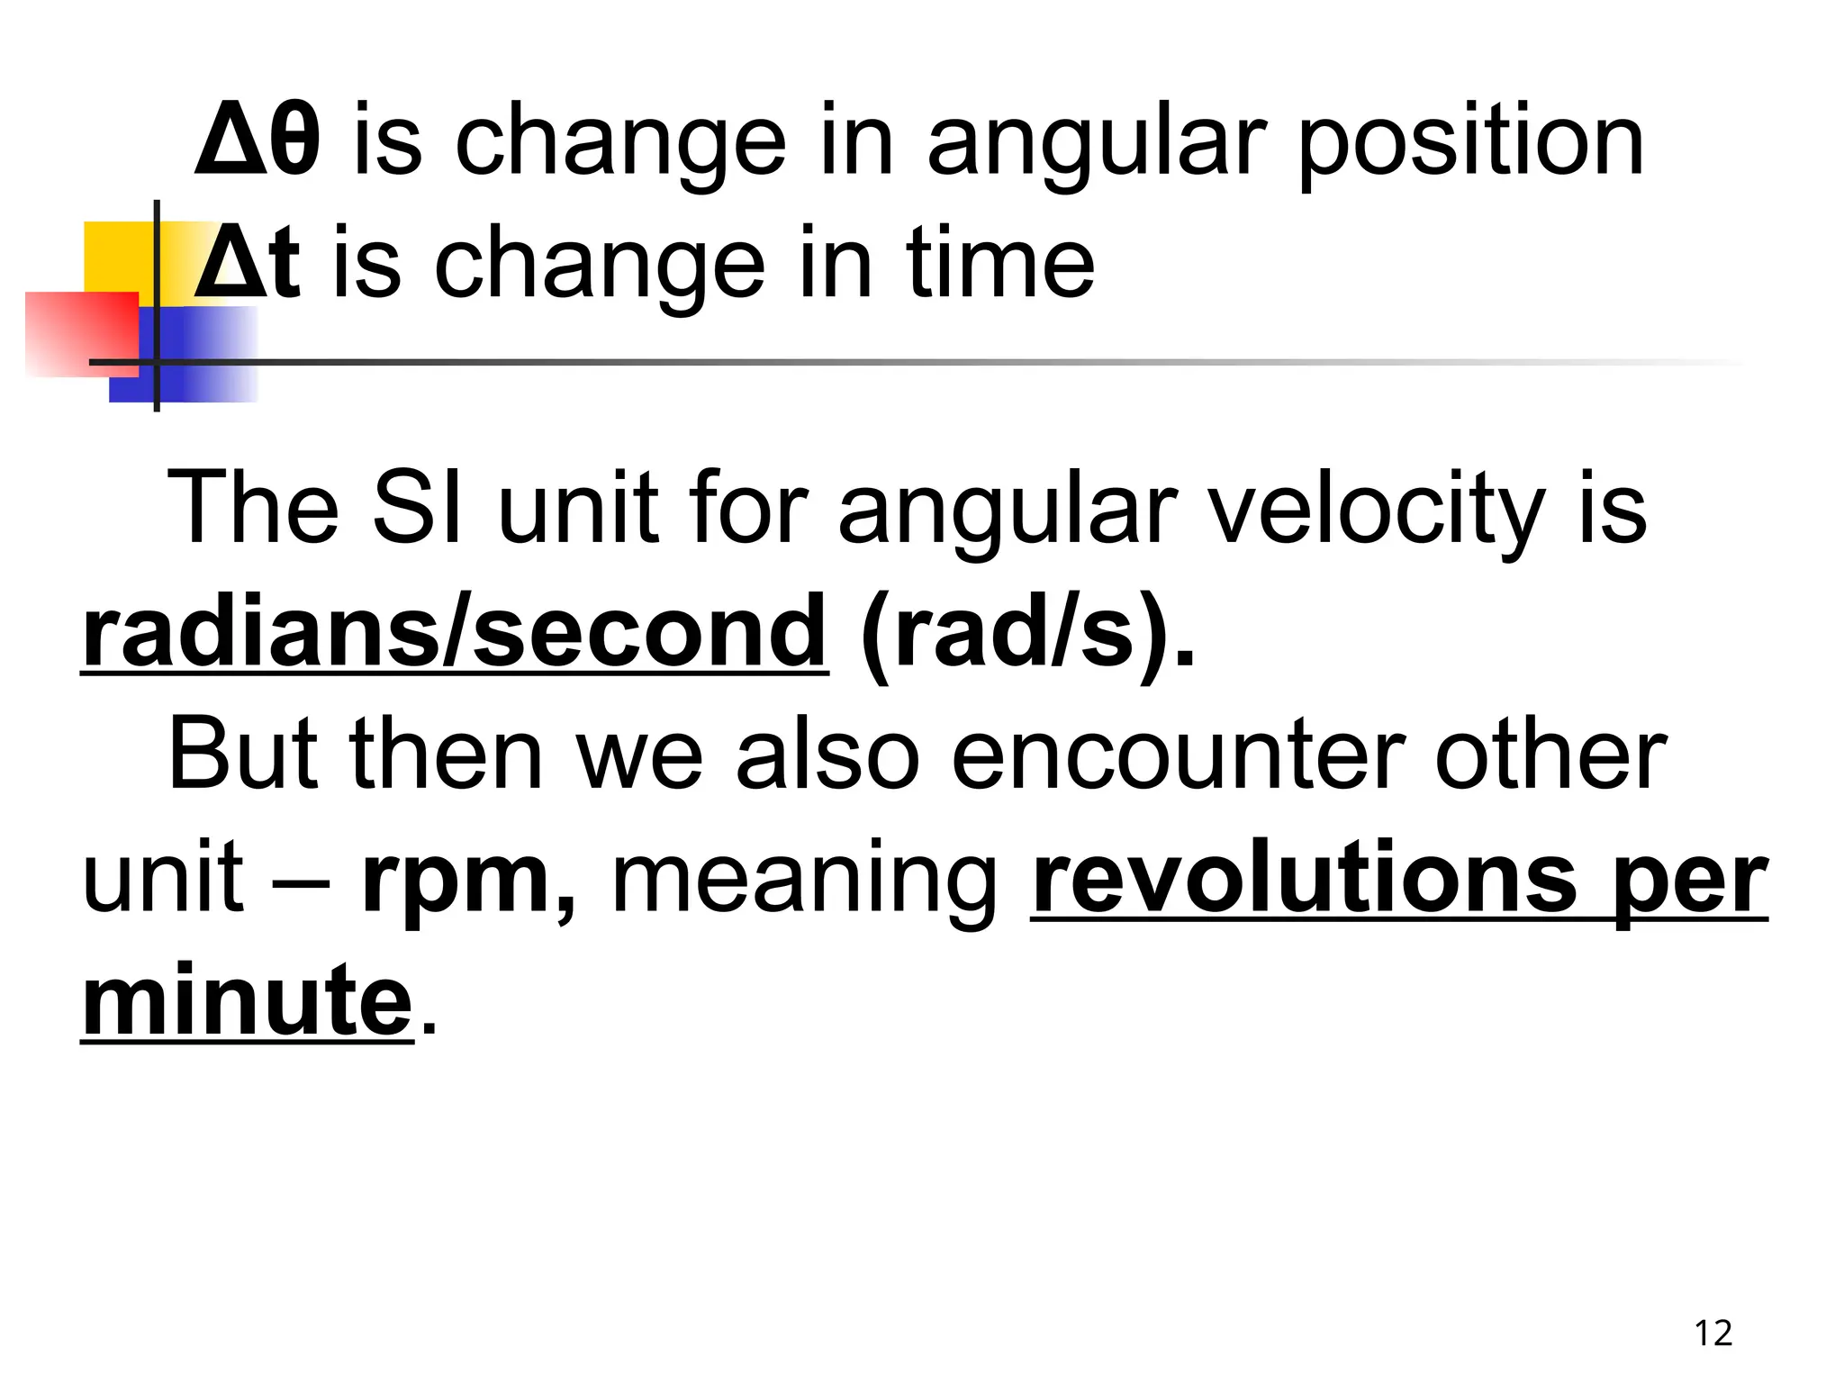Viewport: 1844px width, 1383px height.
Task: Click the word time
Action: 1000,264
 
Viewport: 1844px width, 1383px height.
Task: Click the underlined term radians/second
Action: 454,632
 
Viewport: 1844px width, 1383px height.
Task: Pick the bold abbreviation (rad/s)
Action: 1026,634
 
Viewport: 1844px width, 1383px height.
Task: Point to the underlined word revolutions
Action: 1306,877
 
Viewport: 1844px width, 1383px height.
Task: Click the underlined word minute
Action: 247,999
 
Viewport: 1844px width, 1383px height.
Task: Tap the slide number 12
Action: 1713,1333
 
